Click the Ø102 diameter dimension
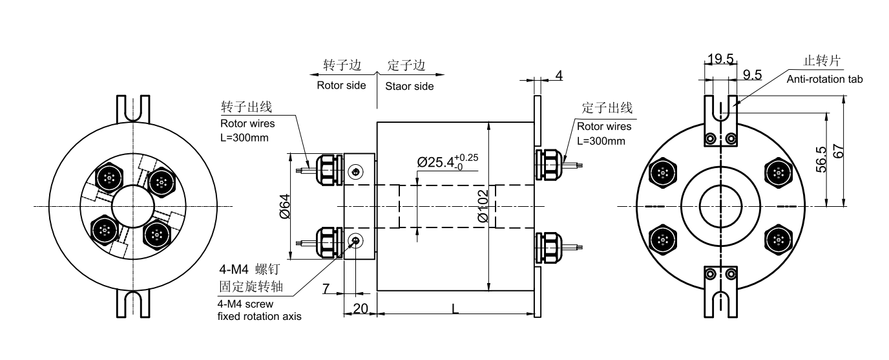pos(483,206)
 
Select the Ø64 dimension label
pos(285,206)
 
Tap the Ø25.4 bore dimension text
pos(447,162)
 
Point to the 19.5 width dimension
pos(720,59)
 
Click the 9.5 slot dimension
pos(752,74)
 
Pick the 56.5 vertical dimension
pos(821,160)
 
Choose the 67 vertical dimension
pos(838,151)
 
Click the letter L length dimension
pos(455,308)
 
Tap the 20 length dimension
pos(361,308)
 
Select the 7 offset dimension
pos(326,288)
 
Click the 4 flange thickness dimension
pos(559,76)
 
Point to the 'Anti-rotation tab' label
pos(824,79)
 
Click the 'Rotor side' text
pos(341,85)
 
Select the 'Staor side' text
pos(409,86)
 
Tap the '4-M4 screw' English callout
pos(246,304)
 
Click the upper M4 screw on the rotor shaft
pos(355,172)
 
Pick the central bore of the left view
pos(132,206)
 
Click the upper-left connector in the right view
pos(662,173)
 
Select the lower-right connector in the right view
pos(779,240)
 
